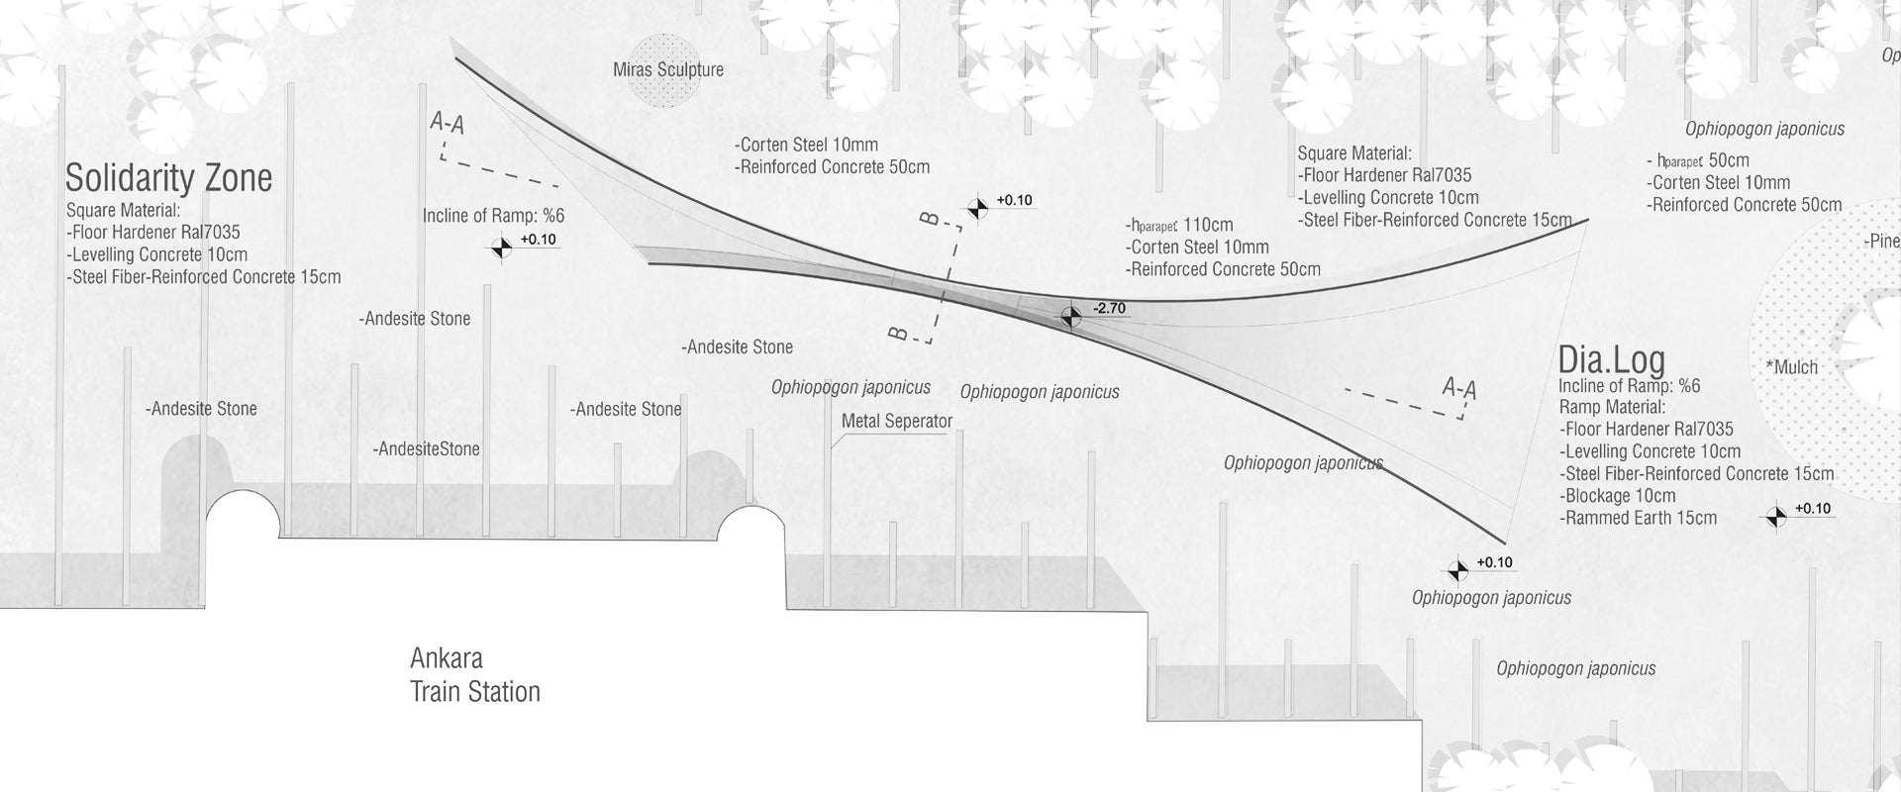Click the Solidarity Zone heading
[x=168, y=178]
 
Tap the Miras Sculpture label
[x=668, y=70]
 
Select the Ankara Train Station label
[x=475, y=675]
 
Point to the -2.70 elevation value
[x=1109, y=309]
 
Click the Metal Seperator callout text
[x=896, y=422]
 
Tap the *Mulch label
[x=1792, y=367]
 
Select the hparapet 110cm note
[x=1179, y=225]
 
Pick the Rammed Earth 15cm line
[x=1638, y=518]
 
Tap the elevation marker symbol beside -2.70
[x=1070, y=317]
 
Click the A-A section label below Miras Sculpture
[x=448, y=123]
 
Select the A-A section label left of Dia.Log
[x=1458, y=388]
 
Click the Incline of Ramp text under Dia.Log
[x=1629, y=386]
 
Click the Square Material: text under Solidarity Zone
[x=123, y=211]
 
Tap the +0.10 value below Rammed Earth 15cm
[x=1812, y=509]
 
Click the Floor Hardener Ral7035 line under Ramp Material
[x=1647, y=430]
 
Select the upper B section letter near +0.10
[x=930, y=219]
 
